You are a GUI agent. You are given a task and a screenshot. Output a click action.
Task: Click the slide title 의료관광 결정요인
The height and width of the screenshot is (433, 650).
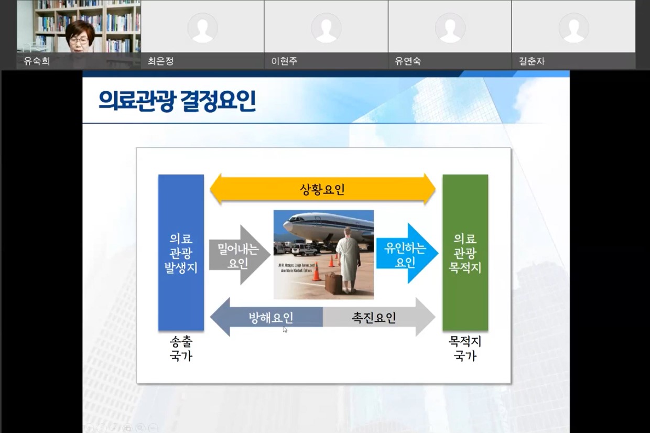click(177, 101)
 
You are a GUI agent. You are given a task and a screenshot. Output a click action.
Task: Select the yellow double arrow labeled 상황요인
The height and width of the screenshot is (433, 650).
click(322, 189)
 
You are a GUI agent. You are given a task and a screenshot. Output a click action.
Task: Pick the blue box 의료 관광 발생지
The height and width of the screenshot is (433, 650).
click(181, 253)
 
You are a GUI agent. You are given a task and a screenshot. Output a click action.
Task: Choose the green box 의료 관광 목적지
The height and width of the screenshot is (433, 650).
click(465, 253)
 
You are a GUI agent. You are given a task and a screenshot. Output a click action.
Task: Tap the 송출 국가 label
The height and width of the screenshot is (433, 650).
click(181, 349)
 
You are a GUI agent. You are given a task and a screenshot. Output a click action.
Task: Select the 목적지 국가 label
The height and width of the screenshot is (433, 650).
click(465, 349)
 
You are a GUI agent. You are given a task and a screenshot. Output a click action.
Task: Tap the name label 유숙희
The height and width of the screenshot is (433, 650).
click(37, 61)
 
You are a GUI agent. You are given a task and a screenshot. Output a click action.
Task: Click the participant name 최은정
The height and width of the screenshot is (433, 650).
click(160, 61)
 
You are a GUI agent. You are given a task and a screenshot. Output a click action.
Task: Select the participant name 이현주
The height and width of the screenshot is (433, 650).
click(284, 61)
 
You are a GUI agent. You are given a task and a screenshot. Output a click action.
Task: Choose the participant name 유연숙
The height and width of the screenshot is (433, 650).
click(408, 61)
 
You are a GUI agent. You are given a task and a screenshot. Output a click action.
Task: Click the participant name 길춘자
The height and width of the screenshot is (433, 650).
click(532, 61)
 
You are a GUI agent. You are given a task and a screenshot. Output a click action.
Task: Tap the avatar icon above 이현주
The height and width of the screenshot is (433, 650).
click(326, 27)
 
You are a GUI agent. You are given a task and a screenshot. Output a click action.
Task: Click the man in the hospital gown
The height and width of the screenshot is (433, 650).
click(348, 259)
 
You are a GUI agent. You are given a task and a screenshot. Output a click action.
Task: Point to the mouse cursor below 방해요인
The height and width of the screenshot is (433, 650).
click(285, 329)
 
